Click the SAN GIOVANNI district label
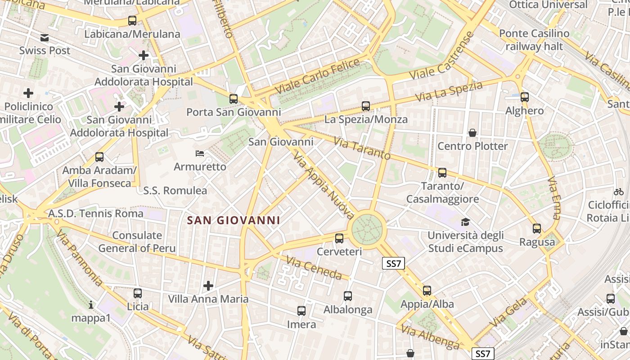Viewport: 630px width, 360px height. tap(234, 220)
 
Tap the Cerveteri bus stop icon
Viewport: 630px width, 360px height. tap(339, 238)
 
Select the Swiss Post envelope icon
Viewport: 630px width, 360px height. tap(45, 38)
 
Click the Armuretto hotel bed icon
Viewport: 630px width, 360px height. tap(200, 153)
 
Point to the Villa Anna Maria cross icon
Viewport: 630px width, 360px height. tap(208, 286)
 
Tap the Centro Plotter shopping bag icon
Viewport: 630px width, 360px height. tap(472, 133)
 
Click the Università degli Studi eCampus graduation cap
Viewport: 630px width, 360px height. tap(465, 222)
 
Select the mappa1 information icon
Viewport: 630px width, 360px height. tap(91, 305)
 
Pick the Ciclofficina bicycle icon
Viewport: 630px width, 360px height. tap(619, 192)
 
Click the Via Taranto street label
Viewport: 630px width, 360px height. tap(362, 148)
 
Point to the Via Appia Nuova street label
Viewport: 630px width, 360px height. tap(324, 184)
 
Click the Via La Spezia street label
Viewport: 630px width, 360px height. tap(449, 91)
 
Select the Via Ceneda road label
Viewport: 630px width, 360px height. tap(314, 267)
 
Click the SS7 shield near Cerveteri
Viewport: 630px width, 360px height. tap(393, 263)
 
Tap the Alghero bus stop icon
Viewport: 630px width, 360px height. tap(525, 97)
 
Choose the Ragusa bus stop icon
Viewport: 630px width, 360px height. tap(537, 229)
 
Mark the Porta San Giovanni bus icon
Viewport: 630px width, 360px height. tap(233, 99)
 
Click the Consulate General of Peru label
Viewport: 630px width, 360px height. tap(137, 242)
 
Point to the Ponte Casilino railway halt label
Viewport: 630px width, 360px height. tap(534, 40)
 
